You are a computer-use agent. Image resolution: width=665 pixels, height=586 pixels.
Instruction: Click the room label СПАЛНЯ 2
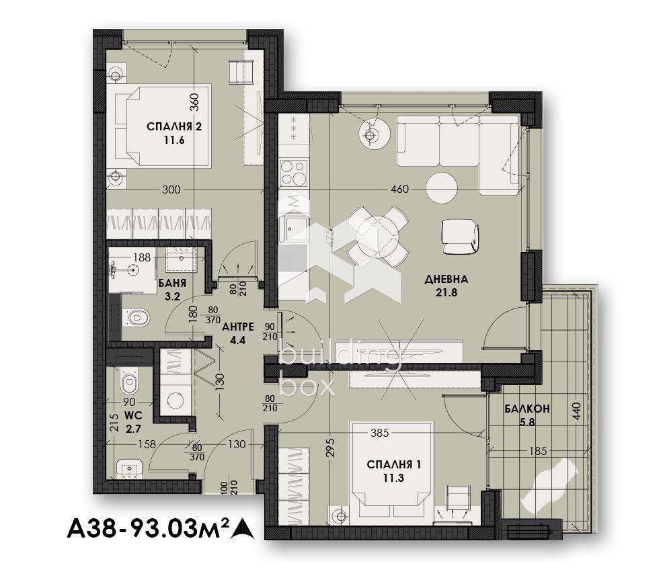coord(174,127)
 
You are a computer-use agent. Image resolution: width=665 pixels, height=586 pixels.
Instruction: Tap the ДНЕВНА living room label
coord(446,280)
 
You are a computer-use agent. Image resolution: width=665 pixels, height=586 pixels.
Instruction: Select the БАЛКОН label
coord(527,409)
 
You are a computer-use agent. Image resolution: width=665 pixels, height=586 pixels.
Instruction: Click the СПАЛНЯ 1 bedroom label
coord(393,465)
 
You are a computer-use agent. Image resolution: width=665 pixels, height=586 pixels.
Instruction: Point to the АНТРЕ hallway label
coord(238,327)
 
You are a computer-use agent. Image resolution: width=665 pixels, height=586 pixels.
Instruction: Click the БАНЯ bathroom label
coord(172,284)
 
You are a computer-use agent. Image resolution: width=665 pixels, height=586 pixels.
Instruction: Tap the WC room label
coord(133,415)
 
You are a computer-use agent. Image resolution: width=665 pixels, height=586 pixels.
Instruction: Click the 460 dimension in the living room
coord(399,189)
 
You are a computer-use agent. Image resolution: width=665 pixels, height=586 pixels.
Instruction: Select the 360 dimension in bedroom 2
coord(194,102)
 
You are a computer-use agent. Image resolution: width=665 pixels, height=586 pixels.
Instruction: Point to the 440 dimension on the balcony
coord(576,411)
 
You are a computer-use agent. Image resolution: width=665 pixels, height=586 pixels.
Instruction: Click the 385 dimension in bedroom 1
coord(380,433)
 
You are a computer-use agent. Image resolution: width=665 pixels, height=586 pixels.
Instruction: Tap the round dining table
coord(377,237)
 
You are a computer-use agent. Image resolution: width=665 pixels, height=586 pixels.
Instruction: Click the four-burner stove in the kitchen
coord(293,173)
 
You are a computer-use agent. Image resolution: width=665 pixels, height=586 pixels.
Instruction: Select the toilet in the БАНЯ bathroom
coord(136,317)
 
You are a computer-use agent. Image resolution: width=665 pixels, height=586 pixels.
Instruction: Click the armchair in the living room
coord(460,237)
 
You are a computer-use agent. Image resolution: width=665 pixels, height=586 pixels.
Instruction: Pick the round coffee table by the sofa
coord(442,188)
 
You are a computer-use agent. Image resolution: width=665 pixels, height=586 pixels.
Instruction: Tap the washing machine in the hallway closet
coord(175,400)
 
